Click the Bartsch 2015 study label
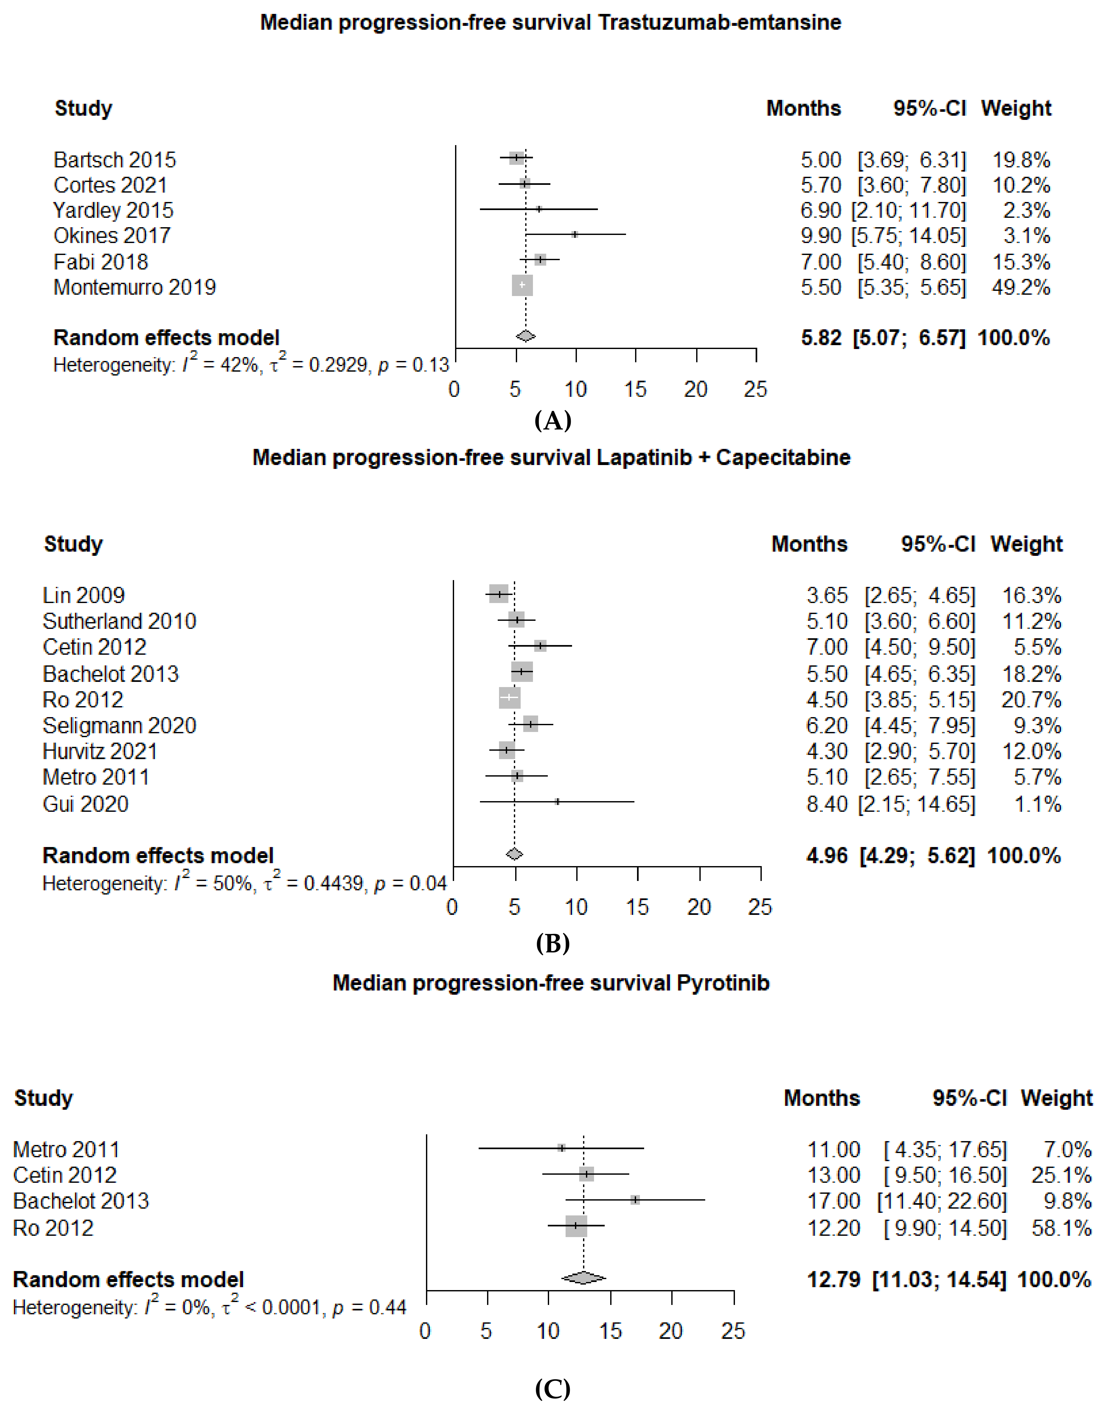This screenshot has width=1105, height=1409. point(114,160)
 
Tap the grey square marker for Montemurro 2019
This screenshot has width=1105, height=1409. point(522,285)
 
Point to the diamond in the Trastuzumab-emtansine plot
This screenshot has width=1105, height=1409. point(525,336)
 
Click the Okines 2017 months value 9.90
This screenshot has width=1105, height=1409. point(820,236)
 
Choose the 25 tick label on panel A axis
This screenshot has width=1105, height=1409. point(755,389)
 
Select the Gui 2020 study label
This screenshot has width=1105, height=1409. point(85,804)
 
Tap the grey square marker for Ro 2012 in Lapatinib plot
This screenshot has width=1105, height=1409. point(509,698)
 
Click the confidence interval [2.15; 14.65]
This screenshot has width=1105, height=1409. point(916,804)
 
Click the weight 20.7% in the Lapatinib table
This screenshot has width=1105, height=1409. point(1031,700)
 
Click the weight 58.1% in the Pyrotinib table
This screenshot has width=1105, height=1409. point(1061,1228)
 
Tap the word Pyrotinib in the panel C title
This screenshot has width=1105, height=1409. point(723,983)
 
